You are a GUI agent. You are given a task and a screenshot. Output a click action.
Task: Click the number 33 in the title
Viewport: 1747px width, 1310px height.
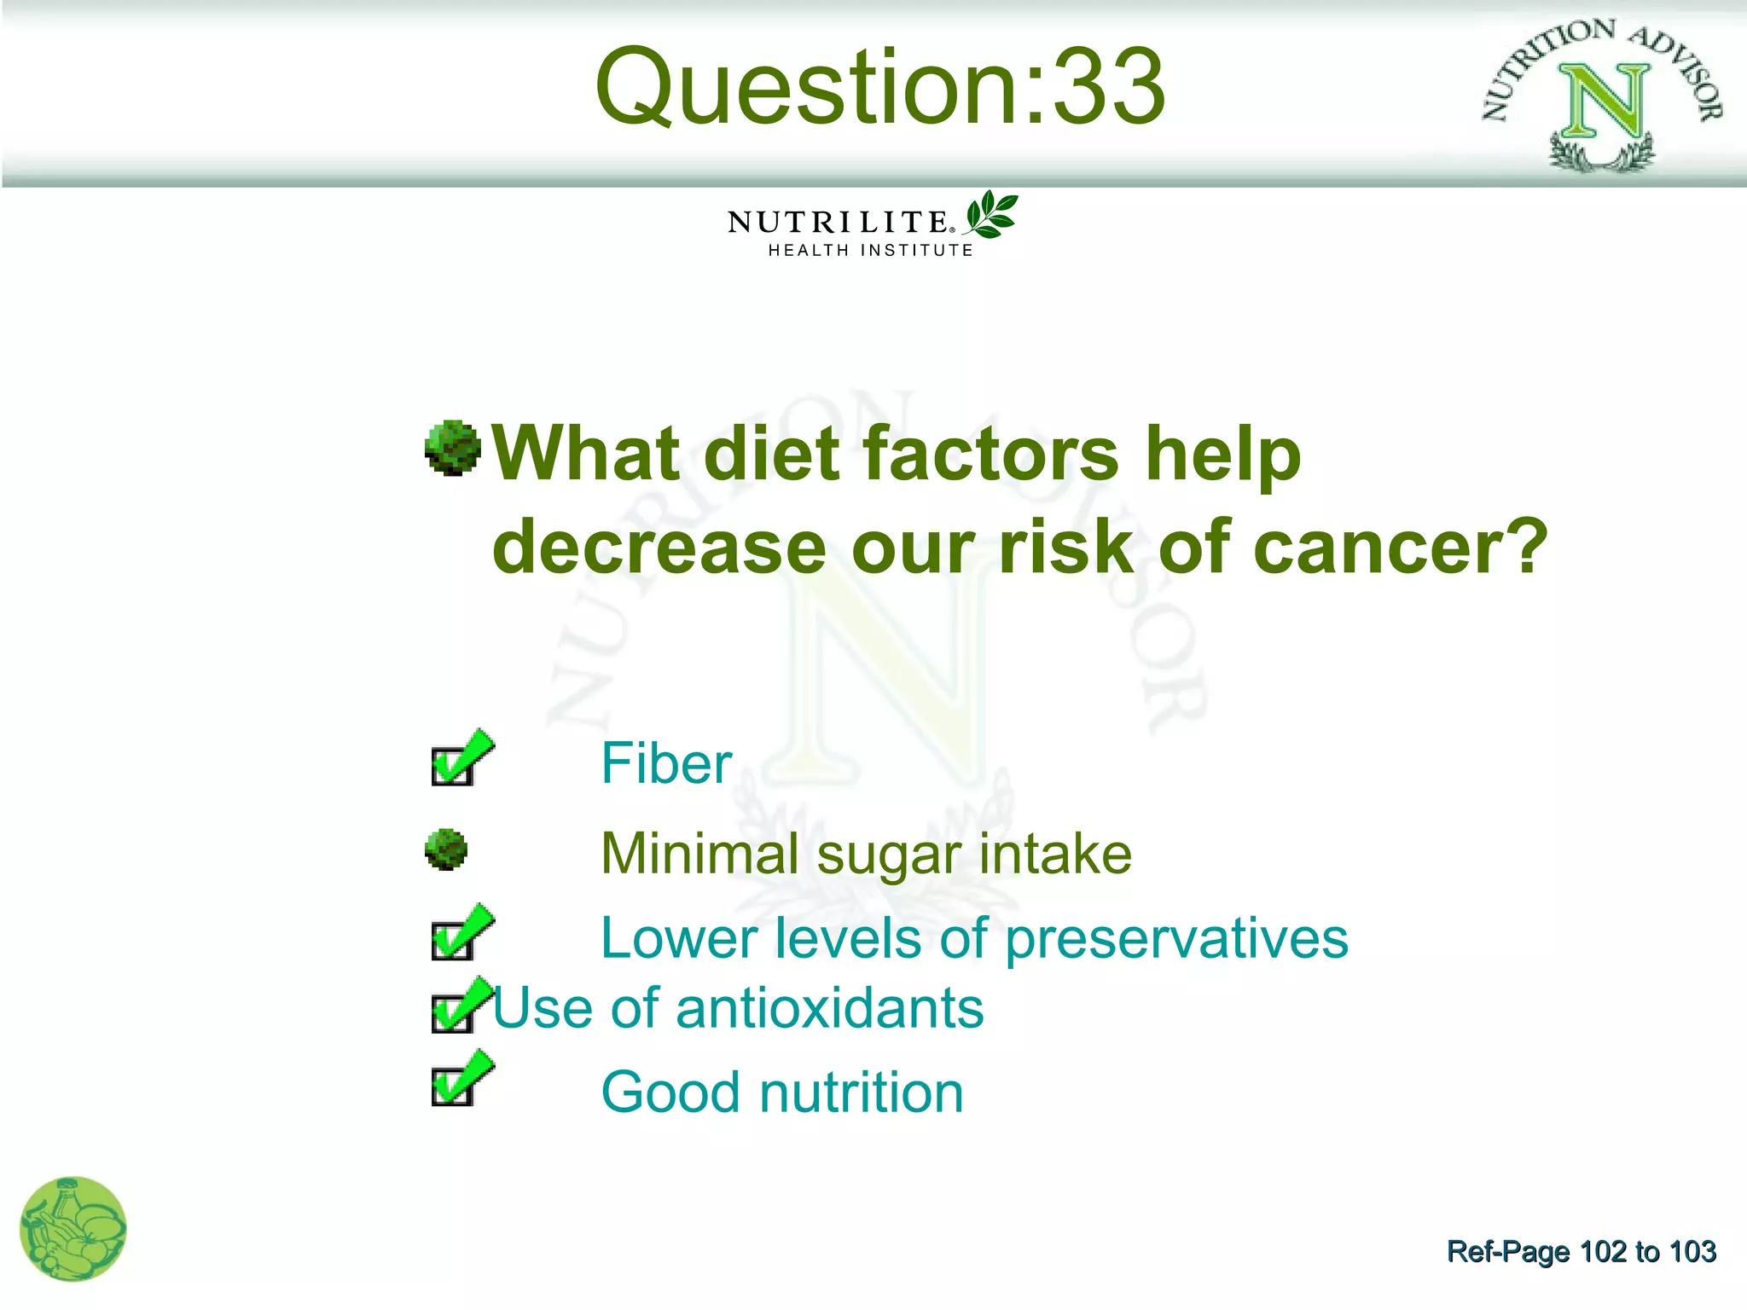pyautogui.click(x=1108, y=87)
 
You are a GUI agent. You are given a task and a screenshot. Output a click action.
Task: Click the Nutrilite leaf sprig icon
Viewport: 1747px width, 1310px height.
pyautogui.click(x=991, y=215)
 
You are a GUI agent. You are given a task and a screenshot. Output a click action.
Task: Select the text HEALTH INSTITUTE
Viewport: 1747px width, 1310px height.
pyautogui.click(x=870, y=251)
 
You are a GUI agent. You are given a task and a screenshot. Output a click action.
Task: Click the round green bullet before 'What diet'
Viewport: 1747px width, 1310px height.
pyautogui.click(x=452, y=447)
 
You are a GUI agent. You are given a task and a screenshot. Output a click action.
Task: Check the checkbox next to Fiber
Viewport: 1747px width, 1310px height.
pyautogui.click(x=452, y=765)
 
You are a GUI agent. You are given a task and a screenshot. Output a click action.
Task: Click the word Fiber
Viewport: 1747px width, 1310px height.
pyautogui.click(x=666, y=763)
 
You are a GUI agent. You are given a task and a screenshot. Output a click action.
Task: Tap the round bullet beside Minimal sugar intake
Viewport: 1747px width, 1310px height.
pyautogui.click(x=446, y=850)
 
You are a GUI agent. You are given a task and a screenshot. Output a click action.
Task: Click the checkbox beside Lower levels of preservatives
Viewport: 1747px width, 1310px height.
pyautogui.click(x=452, y=940)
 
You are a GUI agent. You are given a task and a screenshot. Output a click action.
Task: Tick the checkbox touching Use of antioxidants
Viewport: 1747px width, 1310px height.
pyautogui.click(x=452, y=1012)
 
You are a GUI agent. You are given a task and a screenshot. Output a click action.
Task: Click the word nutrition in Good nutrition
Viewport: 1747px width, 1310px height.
pyautogui.click(x=862, y=1093)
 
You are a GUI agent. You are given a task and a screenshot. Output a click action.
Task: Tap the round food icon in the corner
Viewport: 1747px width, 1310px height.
pyautogui.click(x=73, y=1229)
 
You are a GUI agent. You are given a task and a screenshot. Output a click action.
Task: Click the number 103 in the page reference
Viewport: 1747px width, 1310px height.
pyautogui.click(x=1692, y=1251)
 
